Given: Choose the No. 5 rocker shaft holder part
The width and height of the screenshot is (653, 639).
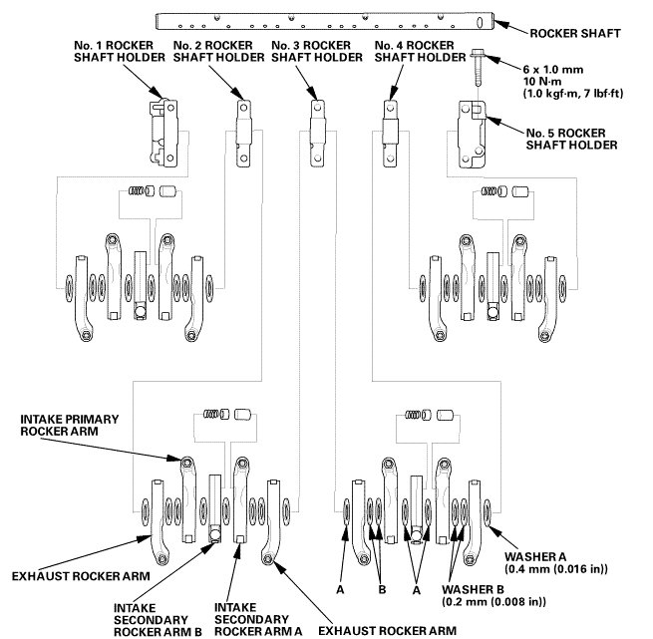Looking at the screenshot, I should pyautogui.click(x=474, y=129).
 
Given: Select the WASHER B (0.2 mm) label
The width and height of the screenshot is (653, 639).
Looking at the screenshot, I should pyautogui.click(x=496, y=596).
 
